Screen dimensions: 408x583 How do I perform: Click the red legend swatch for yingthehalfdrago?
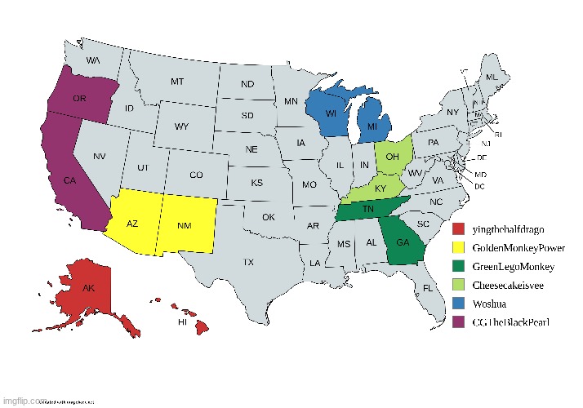459,228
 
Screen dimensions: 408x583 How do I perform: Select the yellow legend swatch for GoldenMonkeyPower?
459,247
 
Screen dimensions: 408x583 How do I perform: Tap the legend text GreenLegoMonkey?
514,266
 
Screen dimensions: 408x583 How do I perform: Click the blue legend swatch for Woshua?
459,304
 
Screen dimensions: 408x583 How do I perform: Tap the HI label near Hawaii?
184,322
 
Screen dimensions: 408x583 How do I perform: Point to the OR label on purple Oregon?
80,98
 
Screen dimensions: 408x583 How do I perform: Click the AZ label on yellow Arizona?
132,223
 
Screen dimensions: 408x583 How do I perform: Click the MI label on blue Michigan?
372,127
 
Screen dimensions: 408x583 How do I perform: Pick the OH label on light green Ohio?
392,156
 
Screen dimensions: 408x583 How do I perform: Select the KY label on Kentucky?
381,188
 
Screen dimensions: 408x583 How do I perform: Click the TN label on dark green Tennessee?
368,210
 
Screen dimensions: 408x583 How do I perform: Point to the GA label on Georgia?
403,242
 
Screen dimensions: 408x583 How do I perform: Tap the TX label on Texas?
247,263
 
